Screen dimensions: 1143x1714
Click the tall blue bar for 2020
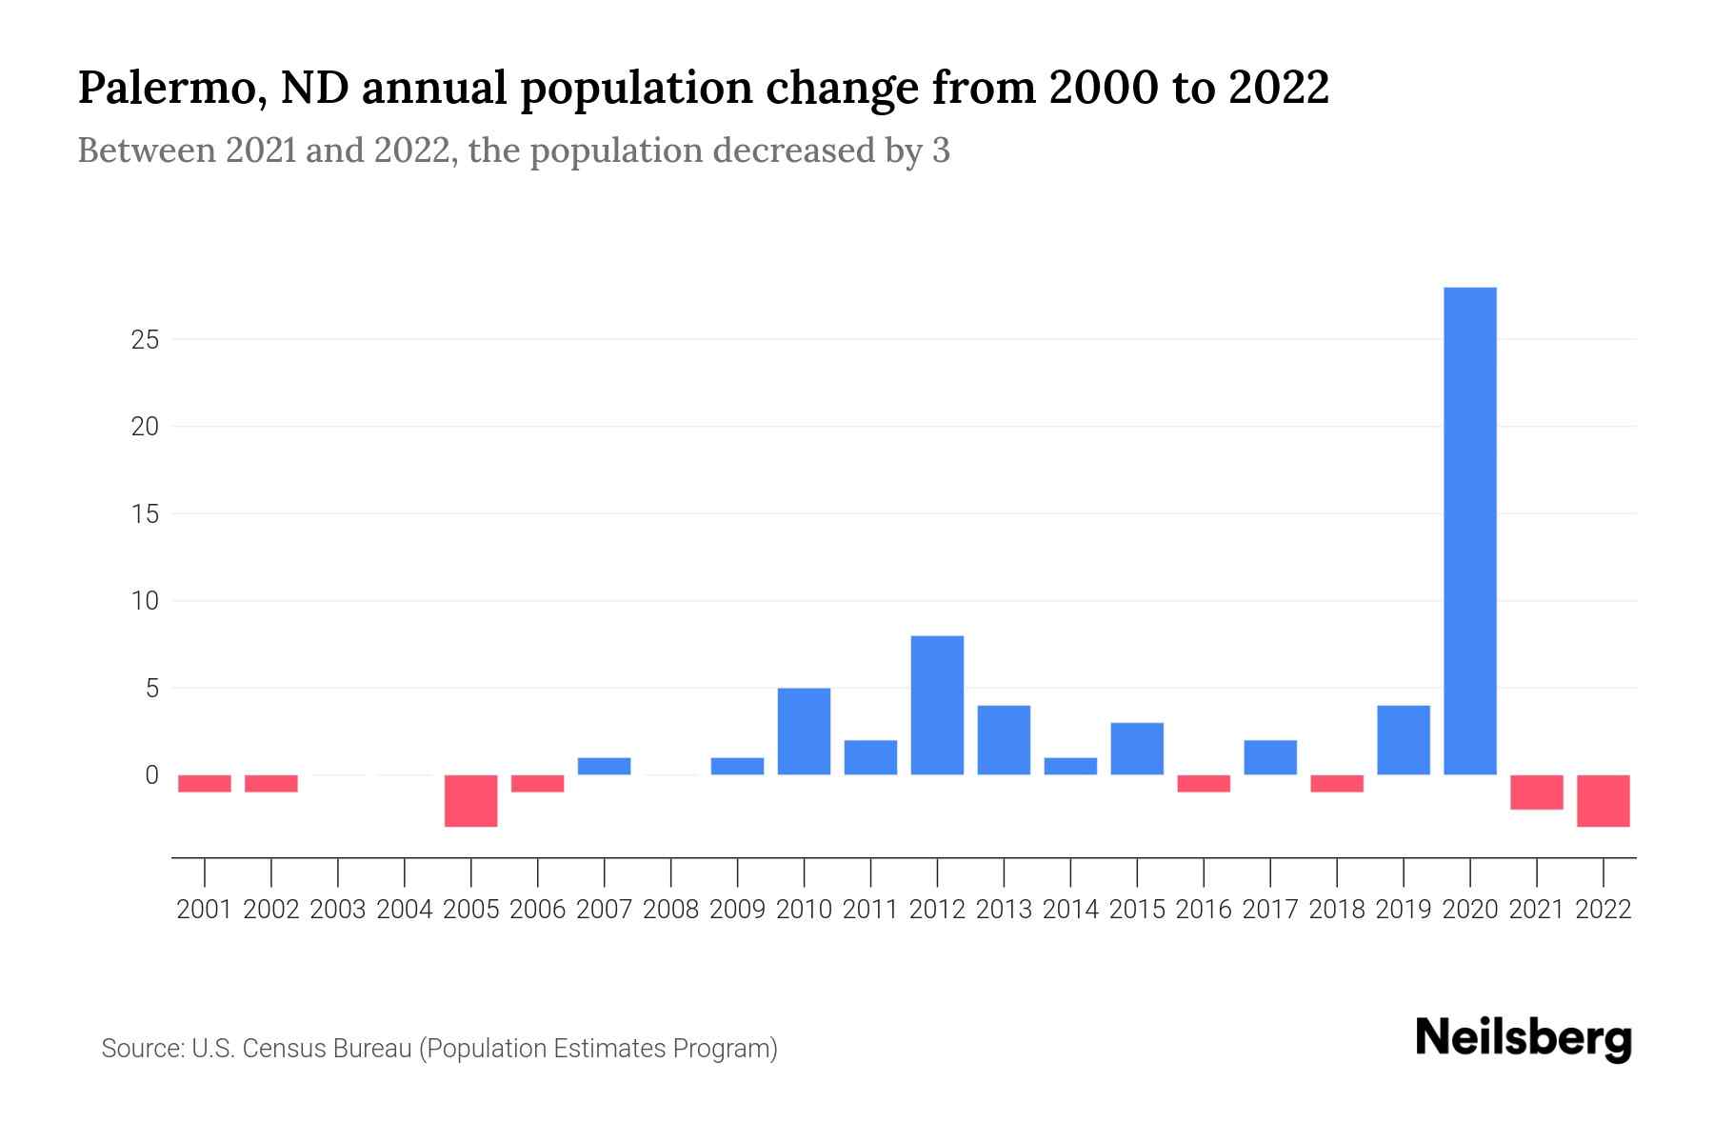click(1470, 531)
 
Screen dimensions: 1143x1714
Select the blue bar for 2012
click(937, 705)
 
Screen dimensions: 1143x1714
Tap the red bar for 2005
click(471, 800)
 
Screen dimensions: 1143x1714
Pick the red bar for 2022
click(1604, 800)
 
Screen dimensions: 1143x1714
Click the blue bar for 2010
click(804, 731)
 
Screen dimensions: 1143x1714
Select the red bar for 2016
click(1204, 783)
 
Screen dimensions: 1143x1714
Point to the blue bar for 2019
click(1404, 740)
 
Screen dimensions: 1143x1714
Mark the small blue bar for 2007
click(605, 766)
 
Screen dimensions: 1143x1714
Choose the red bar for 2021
click(1537, 792)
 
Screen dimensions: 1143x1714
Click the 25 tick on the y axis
click(145, 340)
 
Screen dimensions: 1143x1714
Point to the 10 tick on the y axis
click(145, 601)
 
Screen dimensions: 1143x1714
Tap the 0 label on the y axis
click(151, 775)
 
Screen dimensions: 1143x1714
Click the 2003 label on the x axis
click(338, 910)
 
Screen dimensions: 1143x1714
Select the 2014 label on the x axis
click(1070, 910)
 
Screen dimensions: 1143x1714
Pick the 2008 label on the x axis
click(671, 910)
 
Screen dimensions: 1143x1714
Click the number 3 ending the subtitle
click(941, 150)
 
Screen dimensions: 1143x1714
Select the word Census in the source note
click(282, 1049)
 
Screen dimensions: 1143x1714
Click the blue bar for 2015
click(1137, 749)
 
